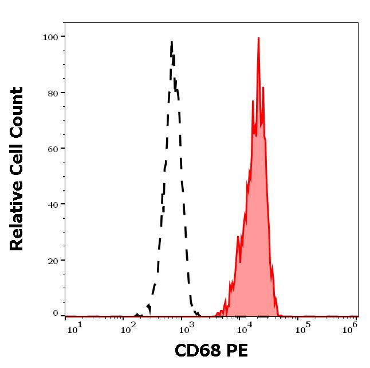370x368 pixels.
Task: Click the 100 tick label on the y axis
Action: pyautogui.click(x=50, y=37)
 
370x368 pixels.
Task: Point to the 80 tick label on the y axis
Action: pyautogui.click(x=53, y=92)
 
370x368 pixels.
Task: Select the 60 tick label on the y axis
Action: pyautogui.click(x=53, y=149)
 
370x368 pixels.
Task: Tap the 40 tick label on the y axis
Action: pyautogui.click(x=53, y=204)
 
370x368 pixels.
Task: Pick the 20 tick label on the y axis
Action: pyautogui.click(x=53, y=260)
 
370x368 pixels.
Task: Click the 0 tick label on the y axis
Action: pyautogui.click(x=56, y=313)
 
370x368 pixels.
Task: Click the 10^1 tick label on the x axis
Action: pyautogui.click(x=75, y=328)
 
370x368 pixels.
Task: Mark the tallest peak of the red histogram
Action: pyautogui.click(x=258, y=38)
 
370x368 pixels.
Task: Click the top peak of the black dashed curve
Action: pyautogui.click(x=171, y=41)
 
